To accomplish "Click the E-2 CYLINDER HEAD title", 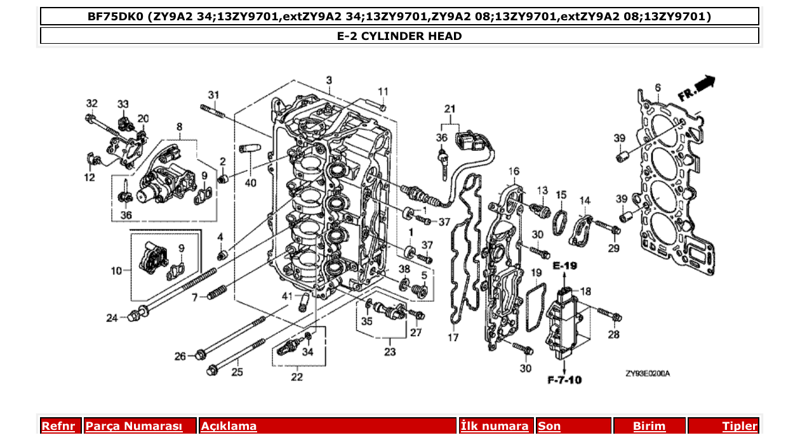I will coord(399,36).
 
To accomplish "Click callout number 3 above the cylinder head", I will coord(329,80).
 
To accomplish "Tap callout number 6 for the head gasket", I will coord(658,87).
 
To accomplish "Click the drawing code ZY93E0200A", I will coord(647,373).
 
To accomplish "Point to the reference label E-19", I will coord(564,266).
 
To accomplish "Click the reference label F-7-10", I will coord(564,380).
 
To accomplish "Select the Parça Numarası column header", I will coord(134,426).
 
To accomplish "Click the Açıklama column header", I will coord(229,426).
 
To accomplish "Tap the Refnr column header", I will coord(58,426).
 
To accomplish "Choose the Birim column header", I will coord(649,426).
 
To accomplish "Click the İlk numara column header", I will coord(494,426).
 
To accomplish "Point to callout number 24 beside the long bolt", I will coord(112,318).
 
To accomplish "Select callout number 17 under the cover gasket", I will coord(453,338).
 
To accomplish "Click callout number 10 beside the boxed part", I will coord(116,271).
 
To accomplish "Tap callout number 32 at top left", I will coord(92,103).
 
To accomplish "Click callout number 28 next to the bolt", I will coord(613,334).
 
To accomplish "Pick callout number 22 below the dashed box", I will coord(297,377).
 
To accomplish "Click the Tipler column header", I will coord(740,426).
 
